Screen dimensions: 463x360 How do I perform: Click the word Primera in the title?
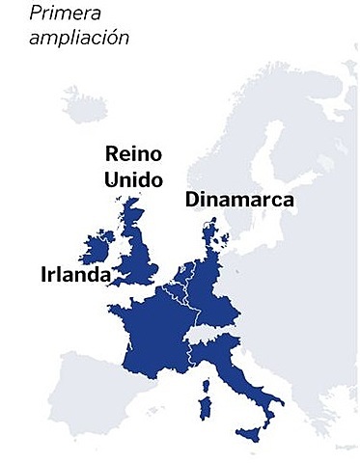(x=63, y=14)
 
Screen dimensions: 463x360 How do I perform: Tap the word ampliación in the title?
(x=78, y=39)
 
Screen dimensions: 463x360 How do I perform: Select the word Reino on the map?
(x=132, y=154)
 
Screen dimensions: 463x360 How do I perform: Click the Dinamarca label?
(x=238, y=201)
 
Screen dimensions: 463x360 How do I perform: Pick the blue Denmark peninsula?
(x=209, y=236)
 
